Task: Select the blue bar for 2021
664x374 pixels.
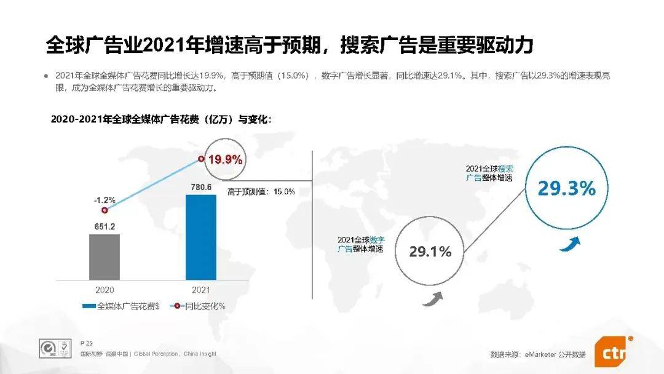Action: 201,236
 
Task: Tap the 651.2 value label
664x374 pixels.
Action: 105,226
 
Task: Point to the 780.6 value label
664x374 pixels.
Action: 201,188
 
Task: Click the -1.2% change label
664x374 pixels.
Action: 105,200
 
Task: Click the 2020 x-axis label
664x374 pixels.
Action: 105,289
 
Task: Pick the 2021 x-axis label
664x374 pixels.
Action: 201,289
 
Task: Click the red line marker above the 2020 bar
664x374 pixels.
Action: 105,210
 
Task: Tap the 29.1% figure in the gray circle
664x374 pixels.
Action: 430,252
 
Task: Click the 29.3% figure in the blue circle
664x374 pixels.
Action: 566,189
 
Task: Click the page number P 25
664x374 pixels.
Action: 86,342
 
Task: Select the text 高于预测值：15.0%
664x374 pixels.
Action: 261,192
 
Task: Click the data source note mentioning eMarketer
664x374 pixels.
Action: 538,354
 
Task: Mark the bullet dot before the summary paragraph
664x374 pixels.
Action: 45,76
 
